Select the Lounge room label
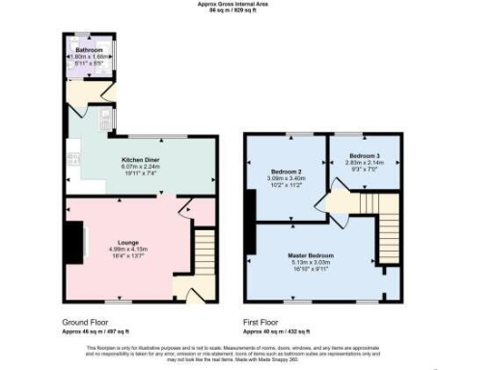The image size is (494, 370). [x=128, y=242]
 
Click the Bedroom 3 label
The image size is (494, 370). [x=364, y=155]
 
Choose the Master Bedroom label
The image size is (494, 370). [x=311, y=255]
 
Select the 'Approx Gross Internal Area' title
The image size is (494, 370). [x=246, y=4]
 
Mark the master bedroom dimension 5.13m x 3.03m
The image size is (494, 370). [x=311, y=263]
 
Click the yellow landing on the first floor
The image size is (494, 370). [x=340, y=202]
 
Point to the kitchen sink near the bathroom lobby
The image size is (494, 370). [x=105, y=121]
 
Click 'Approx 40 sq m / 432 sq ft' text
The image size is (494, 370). [x=279, y=330]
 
